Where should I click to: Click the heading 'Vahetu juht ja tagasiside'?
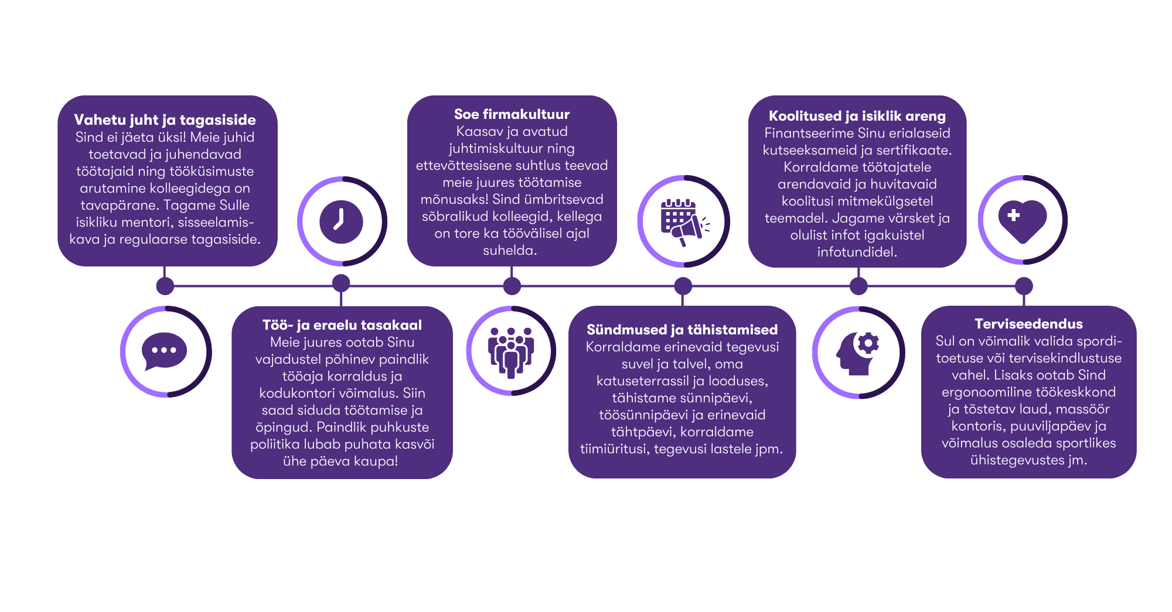(x=165, y=120)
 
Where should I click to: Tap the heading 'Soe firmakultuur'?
(x=512, y=114)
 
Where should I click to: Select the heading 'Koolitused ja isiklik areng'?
(x=857, y=116)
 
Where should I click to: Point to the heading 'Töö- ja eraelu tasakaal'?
(x=342, y=325)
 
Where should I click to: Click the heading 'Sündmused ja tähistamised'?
(x=682, y=330)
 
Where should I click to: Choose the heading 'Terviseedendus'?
(x=1028, y=324)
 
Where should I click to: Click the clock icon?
(x=341, y=222)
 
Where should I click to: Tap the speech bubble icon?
(x=165, y=351)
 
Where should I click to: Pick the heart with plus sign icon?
(x=1023, y=220)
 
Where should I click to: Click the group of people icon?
(x=511, y=351)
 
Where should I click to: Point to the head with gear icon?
(x=858, y=352)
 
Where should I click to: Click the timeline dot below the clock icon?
(x=341, y=283)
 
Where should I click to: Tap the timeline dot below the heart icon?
(x=1024, y=286)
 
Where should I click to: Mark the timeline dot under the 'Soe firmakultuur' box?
(x=512, y=286)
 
